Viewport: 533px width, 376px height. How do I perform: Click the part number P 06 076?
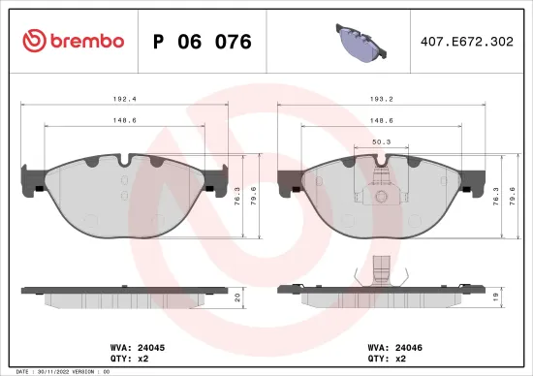coord(203,42)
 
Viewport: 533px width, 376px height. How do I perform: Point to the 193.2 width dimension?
coord(382,98)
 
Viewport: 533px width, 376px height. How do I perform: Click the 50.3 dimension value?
coord(381,141)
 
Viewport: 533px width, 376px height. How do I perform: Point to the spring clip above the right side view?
coord(382,271)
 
